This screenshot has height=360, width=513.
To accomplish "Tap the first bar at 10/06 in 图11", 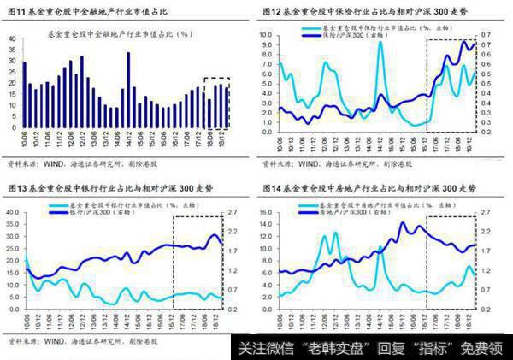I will click(x=24, y=94).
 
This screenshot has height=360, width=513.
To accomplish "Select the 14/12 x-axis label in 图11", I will click(x=127, y=138).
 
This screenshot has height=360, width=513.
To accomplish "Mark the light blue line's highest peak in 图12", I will click(x=380, y=43).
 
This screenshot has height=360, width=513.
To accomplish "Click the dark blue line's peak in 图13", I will click(x=215, y=234).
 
